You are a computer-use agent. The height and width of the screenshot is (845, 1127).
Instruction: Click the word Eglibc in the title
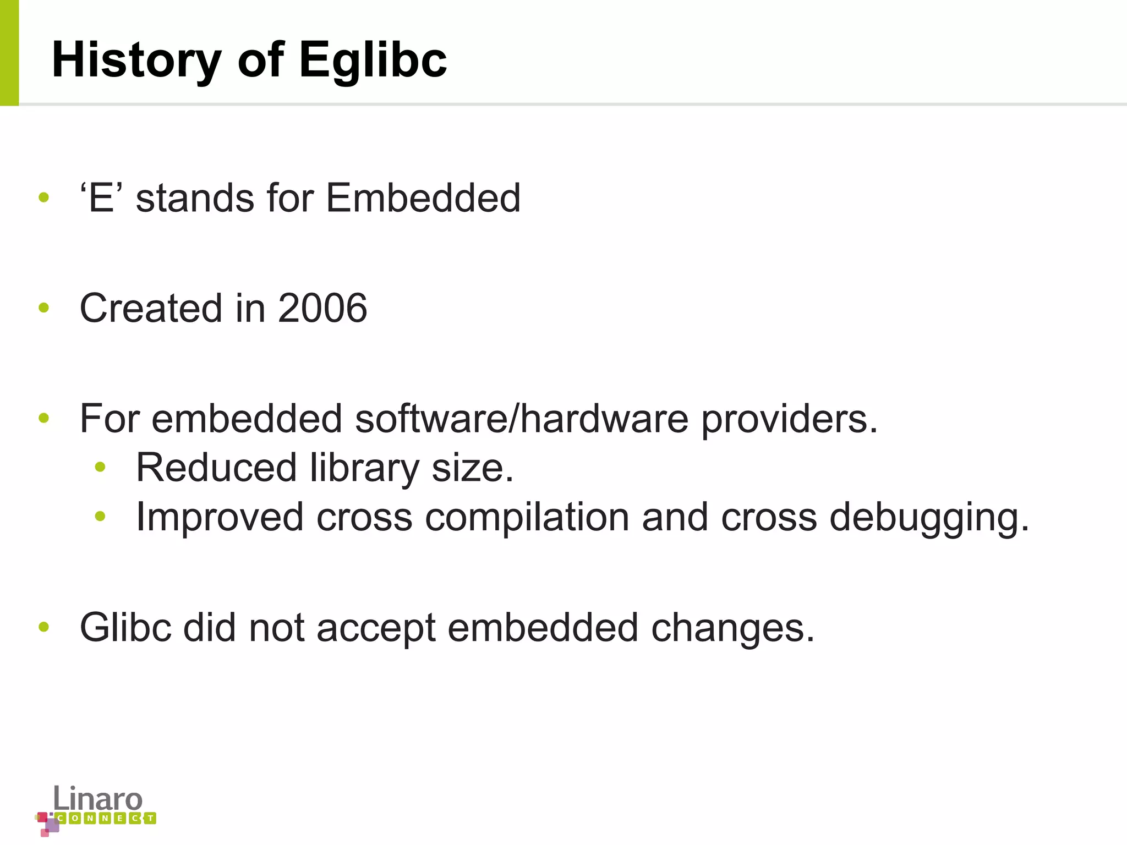(373, 61)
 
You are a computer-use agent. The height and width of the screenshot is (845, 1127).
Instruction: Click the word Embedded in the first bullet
(423, 198)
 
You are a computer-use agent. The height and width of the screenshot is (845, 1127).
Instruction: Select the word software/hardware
(521, 419)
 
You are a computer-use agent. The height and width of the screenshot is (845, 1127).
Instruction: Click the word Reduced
(216, 468)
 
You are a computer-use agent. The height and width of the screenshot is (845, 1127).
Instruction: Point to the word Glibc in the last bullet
(125, 627)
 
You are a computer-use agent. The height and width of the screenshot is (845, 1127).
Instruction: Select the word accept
(376, 628)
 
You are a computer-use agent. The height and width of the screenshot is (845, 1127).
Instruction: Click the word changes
(732, 628)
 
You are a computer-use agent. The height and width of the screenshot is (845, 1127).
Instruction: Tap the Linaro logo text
(98, 799)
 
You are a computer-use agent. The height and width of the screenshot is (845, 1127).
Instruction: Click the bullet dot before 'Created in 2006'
(44, 308)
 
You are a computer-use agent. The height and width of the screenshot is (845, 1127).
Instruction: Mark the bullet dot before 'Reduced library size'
(100, 468)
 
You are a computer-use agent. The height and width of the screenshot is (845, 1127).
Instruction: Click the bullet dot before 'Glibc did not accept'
(44, 627)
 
